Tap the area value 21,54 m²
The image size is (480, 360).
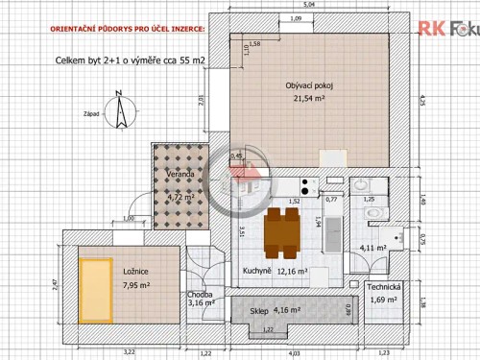309,98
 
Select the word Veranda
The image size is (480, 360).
182,175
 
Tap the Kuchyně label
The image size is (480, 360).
256,272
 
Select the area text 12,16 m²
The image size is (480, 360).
292,272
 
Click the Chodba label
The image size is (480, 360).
201,295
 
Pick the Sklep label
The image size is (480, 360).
259,311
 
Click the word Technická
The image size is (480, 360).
396,288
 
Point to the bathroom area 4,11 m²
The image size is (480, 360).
372,248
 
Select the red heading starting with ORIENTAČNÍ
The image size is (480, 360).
127,31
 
